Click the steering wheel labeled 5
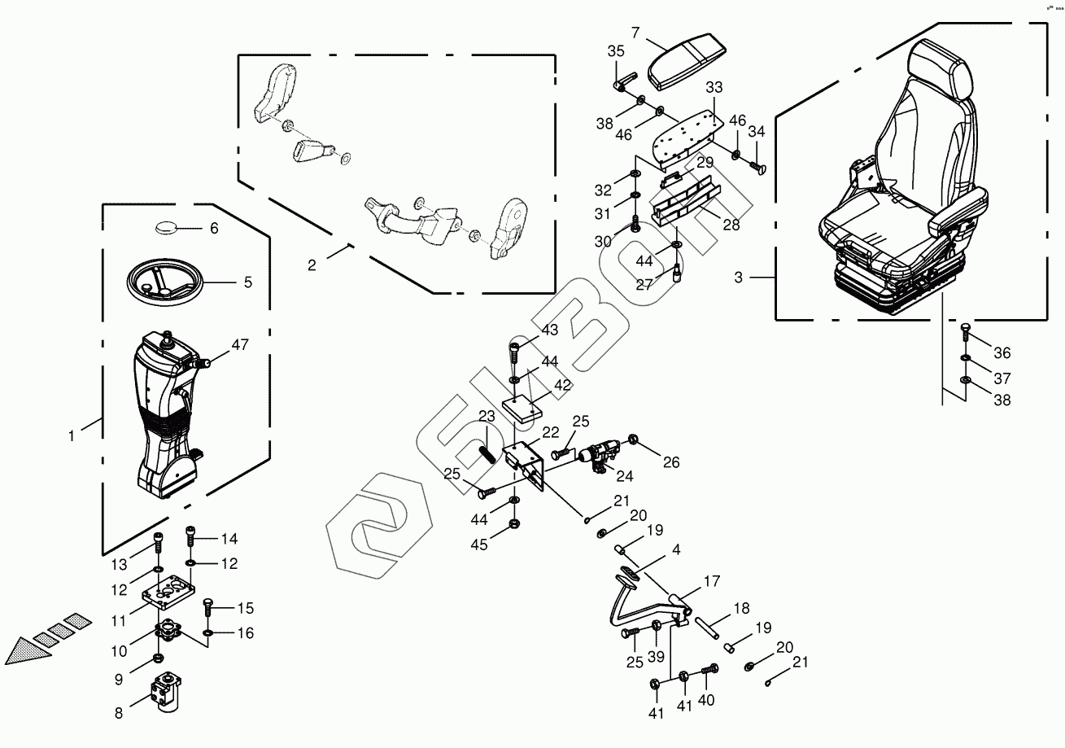click(x=165, y=282)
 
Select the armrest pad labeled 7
click(x=687, y=62)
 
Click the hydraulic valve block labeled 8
click(x=165, y=692)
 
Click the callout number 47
click(x=240, y=344)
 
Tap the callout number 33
click(x=714, y=87)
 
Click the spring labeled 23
click(x=487, y=453)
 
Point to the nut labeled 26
click(x=633, y=439)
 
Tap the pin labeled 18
click(x=707, y=628)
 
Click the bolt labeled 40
click(x=709, y=669)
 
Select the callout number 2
click(x=312, y=265)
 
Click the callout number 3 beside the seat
click(x=738, y=278)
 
